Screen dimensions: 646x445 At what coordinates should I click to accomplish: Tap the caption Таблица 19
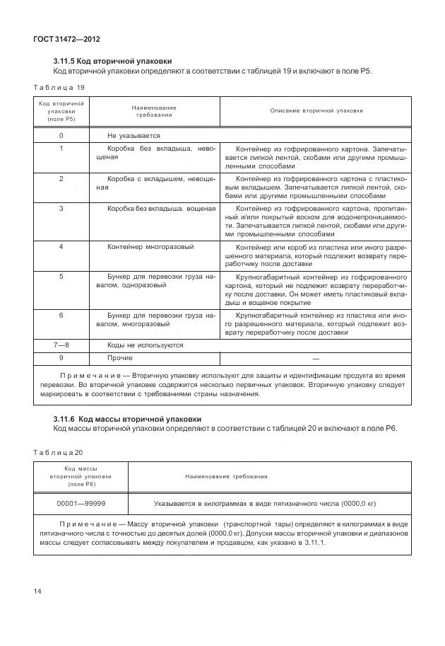pyautogui.click(x=59, y=87)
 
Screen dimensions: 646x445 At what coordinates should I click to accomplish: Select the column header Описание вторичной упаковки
pyautogui.click(x=316, y=111)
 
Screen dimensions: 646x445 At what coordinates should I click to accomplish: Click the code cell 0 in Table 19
pyautogui.click(x=61, y=135)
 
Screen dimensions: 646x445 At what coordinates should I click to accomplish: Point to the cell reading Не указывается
pyautogui.click(x=133, y=135)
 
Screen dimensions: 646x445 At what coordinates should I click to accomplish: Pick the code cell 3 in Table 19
pyautogui.click(x=61, y=209)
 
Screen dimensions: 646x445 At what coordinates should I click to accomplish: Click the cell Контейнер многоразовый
pyautogui.click(x=150, y=247)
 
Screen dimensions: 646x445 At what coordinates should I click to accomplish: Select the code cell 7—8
pyautogui.click(x=61, y=345)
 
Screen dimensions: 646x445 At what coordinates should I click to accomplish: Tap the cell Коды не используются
pyautogui.click(x=145, y=345)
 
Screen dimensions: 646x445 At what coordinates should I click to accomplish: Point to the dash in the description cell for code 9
pyautogui.click(x=316, y=358)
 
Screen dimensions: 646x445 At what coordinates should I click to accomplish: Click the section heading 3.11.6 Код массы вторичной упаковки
pyautogui.click(x=127, y=419)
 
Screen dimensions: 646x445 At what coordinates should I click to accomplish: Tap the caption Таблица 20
pyautogui.click(x=59, y=451)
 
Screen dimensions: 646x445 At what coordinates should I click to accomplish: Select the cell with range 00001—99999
pyautogui.click(x=81, y=503)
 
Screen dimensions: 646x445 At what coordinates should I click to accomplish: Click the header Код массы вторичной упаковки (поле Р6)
pyautogui.click(x=81, y=476)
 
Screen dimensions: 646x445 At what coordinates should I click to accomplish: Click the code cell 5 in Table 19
pyautogui.click(x=61, y=276)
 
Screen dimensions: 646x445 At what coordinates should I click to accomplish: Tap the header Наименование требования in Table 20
pyautogui.click(x=226, y=476)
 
